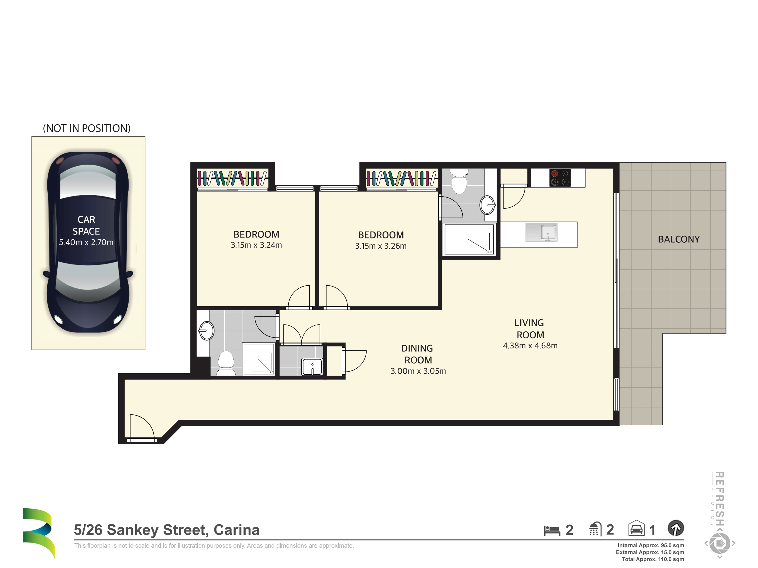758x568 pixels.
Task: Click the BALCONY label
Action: [679, 239]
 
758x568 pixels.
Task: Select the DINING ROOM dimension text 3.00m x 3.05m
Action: [418, 371]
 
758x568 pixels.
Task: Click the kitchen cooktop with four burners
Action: [560, 178]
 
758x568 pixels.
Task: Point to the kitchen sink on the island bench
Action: [542, 232]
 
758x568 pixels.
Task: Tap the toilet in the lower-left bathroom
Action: [226, 363]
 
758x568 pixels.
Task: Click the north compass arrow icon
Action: [676, 528]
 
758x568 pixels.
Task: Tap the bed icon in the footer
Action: [552, 530]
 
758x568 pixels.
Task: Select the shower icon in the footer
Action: [595, 529]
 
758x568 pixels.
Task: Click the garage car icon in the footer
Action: [636, 528]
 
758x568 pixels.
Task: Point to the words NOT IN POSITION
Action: [87, 128]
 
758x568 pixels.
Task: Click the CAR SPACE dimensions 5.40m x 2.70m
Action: [86, 242]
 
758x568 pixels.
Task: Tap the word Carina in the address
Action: [236, 530]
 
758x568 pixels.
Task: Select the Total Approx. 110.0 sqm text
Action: [653, 559]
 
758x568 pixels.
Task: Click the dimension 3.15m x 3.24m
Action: [256, 245]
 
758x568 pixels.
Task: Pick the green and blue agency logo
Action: [39, 533]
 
